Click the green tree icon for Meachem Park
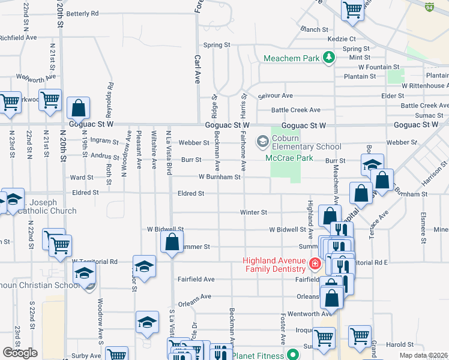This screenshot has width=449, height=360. pyautogui.click(x=328, y=58)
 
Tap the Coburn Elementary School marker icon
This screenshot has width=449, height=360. pyautogui.click(x=262, y=142)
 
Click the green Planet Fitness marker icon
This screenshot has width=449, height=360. pyautogui.click(x=292, y=353)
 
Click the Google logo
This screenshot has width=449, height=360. pyautogui.click(x=20, y=353)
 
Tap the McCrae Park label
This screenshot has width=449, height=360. pyautogui.click(x=289, y=158)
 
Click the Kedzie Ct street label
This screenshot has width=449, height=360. pyautogui.click(x=342, y=39)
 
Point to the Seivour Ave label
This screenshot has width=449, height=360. pyautogui.click(x=275, y=96)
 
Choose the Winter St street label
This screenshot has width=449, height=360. pyautogui.click(x=253, y=212)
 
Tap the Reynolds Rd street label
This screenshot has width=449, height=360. pyautogui.click(x=110, y=95)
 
